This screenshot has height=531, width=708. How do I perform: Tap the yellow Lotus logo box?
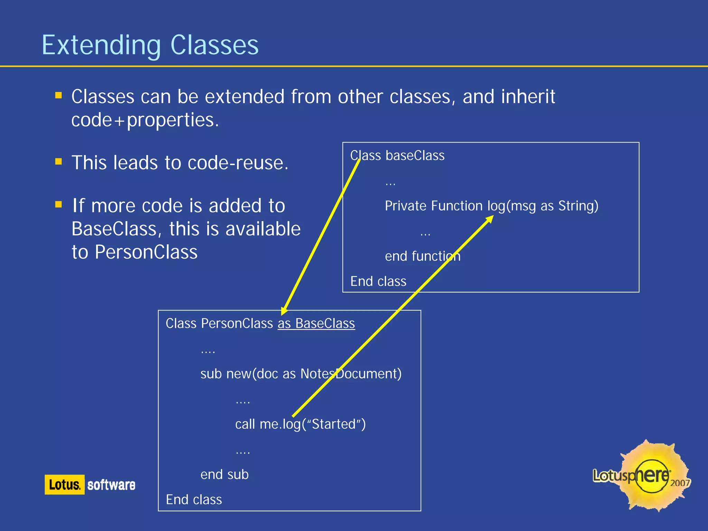(64, 484)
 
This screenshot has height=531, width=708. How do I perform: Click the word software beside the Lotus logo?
(111, 485)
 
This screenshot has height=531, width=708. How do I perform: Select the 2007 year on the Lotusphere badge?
(680, 483)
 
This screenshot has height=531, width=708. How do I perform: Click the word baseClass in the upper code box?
(415, 155)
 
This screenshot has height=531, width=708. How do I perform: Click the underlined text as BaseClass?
(316, 323)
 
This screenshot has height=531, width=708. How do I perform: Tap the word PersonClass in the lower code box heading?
(237, 323)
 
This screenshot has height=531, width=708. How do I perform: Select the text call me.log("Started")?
(300, 424)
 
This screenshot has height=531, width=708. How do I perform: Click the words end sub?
(224, 474)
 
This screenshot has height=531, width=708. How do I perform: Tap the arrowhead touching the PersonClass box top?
(284, 310)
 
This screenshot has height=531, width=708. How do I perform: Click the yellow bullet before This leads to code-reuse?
(58, 162)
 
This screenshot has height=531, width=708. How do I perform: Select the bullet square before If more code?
(58, 204)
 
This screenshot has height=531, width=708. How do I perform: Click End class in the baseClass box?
(378, 281)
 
